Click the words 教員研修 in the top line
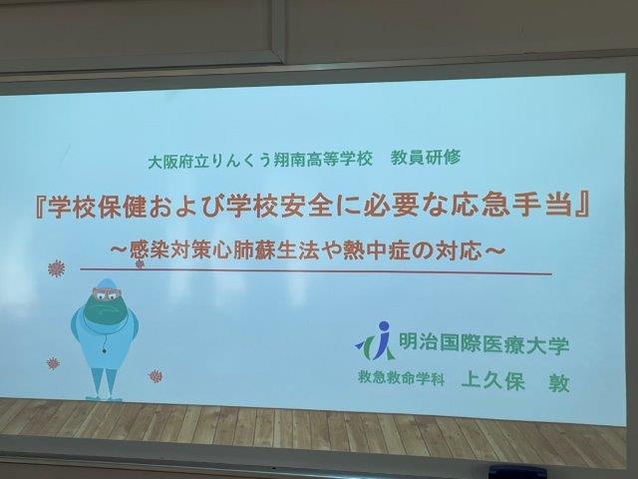point(426,158)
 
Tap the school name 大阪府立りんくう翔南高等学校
point(260,160)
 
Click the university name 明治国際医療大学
point(483,344)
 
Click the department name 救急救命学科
point(401,378)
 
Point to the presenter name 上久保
point(492,381)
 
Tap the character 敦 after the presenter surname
point(559,383)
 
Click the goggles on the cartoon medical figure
point(107,293)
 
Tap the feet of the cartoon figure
point(104,397)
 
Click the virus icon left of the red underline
point(56,268)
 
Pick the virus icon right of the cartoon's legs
point(156,375)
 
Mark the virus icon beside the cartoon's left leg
point(53,363)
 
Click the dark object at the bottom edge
point(517,472)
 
